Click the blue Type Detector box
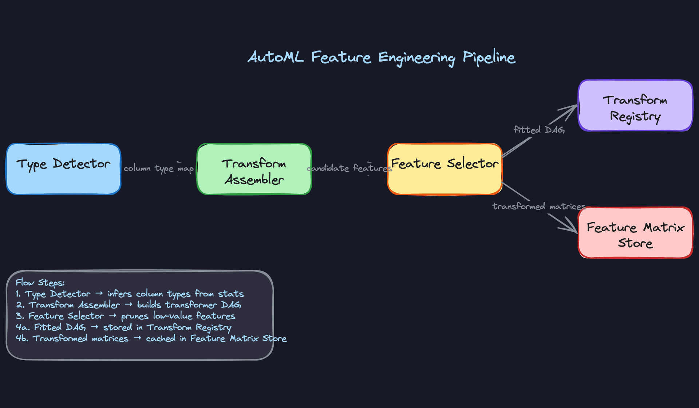coord(63,169)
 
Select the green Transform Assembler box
coord(254,169)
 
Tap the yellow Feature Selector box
coord(445,169)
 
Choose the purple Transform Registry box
coord(635,106)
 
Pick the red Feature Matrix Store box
coord(635,233)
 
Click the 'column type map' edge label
coord(158,168)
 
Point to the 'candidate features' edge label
coord(349,168)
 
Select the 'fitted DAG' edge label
coord(539,130)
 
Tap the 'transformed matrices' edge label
coord(539,207)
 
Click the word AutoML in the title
coord(276,57)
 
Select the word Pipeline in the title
coord(489,57)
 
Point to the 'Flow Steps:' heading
coord(40,283)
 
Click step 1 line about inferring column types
coord(129,294)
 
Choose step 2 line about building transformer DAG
coord(128,305)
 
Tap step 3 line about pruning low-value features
coord(125,316)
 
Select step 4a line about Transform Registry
coord(123,327)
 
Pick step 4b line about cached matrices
coord(151,338)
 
